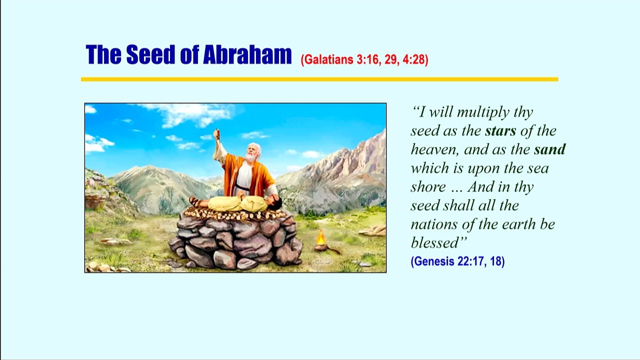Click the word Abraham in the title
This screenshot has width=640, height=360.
247,54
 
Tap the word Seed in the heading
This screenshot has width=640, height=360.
150,54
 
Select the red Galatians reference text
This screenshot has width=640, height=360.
364,59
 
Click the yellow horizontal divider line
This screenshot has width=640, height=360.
319,79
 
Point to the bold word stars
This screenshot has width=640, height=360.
500,131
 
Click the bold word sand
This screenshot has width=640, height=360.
550,149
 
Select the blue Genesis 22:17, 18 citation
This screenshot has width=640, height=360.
457,261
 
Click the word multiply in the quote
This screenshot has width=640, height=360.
483,112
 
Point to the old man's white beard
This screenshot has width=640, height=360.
250,157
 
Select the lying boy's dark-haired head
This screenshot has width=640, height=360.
275,204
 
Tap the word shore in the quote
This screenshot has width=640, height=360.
428,187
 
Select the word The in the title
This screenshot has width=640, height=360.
103,54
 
